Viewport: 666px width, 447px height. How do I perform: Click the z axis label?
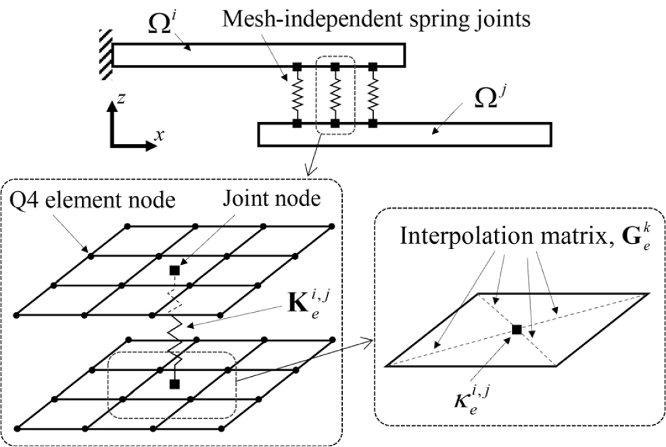(x=120, y=100)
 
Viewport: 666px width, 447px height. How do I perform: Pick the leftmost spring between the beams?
(x=296, y=95)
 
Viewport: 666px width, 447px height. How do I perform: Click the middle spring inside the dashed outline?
(x=335, y=95)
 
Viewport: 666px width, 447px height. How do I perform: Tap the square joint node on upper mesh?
(x=174, y=270)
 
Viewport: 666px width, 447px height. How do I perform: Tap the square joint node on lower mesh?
(x=174, y=384)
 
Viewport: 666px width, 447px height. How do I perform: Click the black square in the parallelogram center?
(x=517, y=330)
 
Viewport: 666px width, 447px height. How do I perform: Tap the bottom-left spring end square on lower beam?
(x=296, y=124)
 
